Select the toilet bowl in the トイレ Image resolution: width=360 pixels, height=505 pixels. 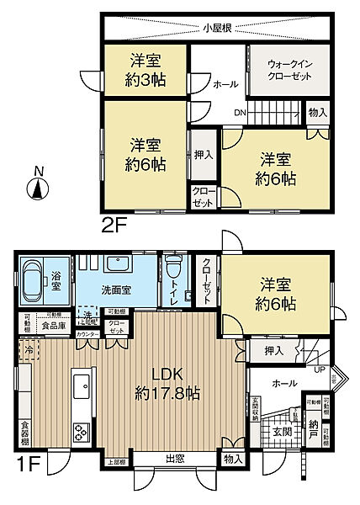pyautogui.click(x=174, y=273)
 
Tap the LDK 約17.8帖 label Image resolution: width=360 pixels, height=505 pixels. pyautogui.click(x=167, y=380)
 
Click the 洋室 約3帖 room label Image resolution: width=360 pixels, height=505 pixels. pyautogui.click(x=144, y=68)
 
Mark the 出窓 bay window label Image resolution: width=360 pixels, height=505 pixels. pyautogui.click(x=175, y=459)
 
